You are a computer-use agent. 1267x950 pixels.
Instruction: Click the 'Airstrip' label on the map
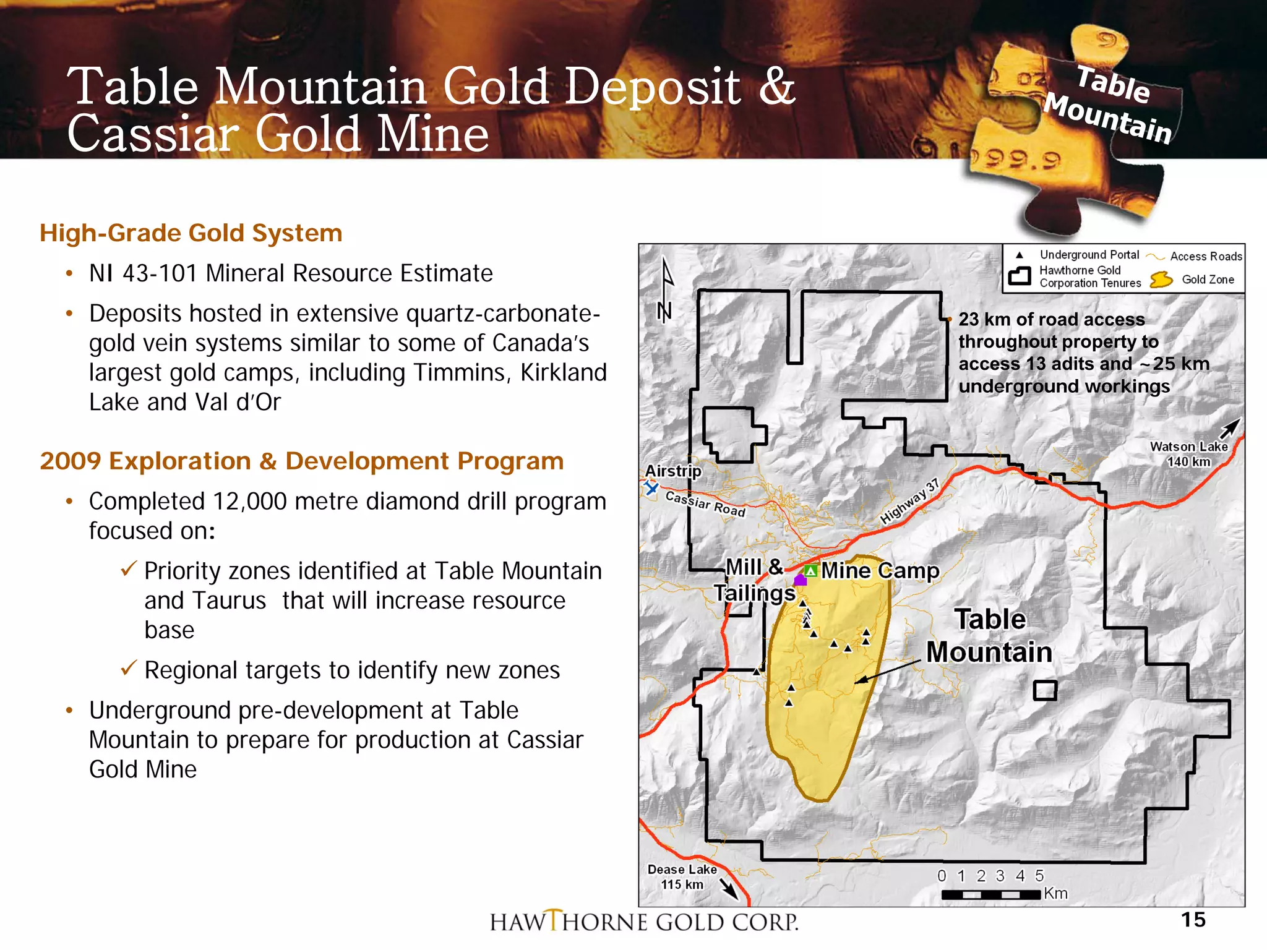[673, 471]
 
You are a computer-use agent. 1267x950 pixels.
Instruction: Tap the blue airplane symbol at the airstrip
[651, 488]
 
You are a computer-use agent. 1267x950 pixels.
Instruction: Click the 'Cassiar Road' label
[705, 503]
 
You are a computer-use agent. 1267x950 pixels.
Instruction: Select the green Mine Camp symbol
[810, 570]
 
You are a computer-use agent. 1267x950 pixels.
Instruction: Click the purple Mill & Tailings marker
[800, 580]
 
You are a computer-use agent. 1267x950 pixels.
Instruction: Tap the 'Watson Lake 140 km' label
[1188, 454]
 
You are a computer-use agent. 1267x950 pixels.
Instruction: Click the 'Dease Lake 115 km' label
[682, 876]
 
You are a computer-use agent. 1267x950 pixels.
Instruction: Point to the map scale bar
[990, 894]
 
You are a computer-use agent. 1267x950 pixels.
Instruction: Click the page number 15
[1193, 920]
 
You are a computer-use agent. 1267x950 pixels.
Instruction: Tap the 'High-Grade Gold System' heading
[191, 233]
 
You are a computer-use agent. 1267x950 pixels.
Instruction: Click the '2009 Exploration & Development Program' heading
[301, 461]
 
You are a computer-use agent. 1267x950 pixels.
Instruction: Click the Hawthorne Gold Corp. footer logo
[643, 922]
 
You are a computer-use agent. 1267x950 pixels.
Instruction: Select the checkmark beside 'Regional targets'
[129, 668]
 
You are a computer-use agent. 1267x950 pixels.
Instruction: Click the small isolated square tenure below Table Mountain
[1044, 690]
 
